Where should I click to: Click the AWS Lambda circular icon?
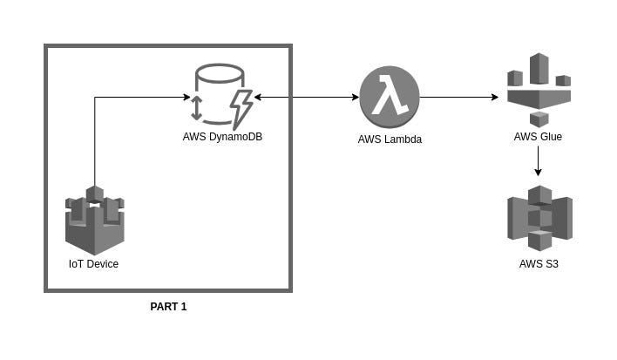(x=390, y=97)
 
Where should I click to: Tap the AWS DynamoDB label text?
(x=222, y=137)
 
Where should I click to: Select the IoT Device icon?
(x=94, y=220)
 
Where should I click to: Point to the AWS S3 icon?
(x=539, y=218)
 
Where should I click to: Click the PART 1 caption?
(x=168, y=307)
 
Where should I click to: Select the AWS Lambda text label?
(x=390, y=139)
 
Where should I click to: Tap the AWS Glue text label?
(x=539, y=137)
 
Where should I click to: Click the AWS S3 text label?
(x=539, y=263)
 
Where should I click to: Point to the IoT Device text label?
(x=94, y=264)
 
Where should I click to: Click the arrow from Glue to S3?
(x=539, y=160)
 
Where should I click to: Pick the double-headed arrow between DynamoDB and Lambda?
(x=306, y=98)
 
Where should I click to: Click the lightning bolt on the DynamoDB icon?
(x=240, y=107)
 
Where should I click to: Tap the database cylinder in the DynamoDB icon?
(x=216, y=87)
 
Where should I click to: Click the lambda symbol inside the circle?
(x=390, y=97)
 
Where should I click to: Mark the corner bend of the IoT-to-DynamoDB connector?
(x=94, y=98)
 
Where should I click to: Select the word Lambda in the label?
(x=401, y=139)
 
